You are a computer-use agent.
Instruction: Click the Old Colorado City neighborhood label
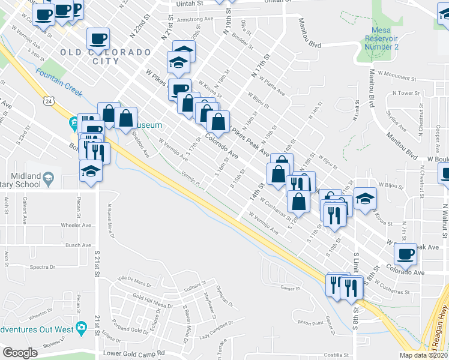(x=105, y=53)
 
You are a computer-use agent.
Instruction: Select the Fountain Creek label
(x=58, y=82)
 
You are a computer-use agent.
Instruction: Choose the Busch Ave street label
(x=78, y=245)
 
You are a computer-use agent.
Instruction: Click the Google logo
(x=20, y=353)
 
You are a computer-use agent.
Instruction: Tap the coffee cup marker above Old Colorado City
(x=98, y=39)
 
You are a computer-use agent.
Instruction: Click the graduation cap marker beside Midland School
(x=91, y=171)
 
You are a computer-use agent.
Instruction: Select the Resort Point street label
(x=310, y=322)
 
